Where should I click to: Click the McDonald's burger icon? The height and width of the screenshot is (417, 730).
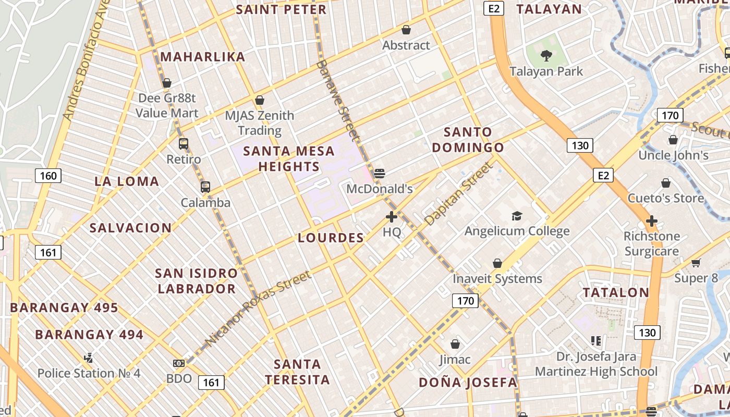click(380, 174)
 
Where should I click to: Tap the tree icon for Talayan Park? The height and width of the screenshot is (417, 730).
click(546, 55)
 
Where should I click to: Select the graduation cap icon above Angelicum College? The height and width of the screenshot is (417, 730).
click(516, 216)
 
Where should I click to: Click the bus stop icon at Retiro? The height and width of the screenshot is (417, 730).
click(184, 144)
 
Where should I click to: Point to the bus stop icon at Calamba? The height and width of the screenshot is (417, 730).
click(205, 187)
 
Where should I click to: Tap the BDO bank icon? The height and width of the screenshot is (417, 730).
click(179, 363)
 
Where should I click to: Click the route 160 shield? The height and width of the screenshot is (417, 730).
click(48, 176)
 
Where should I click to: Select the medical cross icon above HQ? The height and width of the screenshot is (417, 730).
click(392, 217)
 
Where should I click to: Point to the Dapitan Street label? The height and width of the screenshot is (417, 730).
click(458, 193)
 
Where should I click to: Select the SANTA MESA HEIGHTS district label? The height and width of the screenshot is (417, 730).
click(289, 158)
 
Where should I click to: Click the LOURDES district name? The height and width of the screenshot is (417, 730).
click(331, 238)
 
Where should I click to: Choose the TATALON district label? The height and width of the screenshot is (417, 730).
click(616, 292)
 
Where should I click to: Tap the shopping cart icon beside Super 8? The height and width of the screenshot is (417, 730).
click(696, 263)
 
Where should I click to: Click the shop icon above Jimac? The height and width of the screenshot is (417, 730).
click(455, 345)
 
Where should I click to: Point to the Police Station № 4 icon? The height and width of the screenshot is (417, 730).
click(89, 358)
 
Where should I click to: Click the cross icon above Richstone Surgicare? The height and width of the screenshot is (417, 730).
click(651, 221)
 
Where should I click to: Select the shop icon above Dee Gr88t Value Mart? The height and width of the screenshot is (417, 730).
click(167, 83)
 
